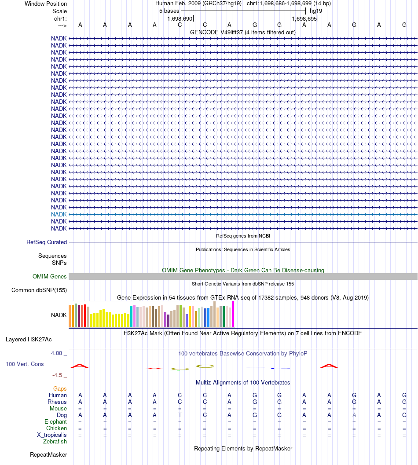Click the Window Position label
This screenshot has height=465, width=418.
click(46, 4)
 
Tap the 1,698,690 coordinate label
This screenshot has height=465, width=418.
click(180, 19)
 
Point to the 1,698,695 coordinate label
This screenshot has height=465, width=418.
click(304, 19)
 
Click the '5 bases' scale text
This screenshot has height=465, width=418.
click(169, 11)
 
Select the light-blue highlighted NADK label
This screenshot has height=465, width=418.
click(59, 214)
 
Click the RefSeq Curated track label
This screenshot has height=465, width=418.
click(47, 242)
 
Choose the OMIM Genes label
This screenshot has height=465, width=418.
click(50, 276)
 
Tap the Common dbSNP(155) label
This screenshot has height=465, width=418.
click(39, 290)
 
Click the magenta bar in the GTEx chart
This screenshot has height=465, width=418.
click(233, 314)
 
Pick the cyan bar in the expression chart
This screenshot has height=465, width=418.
click(132, 316)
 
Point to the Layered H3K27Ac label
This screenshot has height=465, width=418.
click(29, 339)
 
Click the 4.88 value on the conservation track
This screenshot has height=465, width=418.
click(57, 353)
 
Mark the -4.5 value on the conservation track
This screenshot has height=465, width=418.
click(58, 375)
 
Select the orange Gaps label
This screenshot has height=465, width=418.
click(60, 388)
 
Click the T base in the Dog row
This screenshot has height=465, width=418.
click(180, 415)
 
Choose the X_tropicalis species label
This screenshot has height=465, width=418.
click(52, 435)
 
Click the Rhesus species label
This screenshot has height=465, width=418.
click(57, 402)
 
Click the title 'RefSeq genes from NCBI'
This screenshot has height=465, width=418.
click(243, 236)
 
